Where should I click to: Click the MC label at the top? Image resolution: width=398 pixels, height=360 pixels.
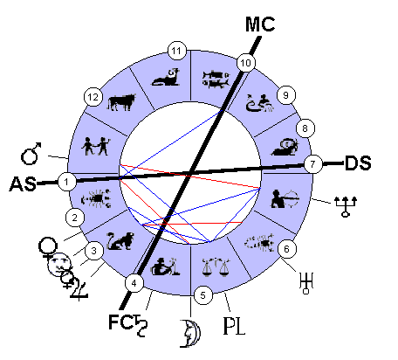click(x=260, y=24)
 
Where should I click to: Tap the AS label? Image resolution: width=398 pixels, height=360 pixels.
click(x=24, y=184)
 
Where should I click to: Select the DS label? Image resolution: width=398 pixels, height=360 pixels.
click(x=358, y=163)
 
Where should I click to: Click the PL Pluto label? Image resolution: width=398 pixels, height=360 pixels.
click(x=234, y=326)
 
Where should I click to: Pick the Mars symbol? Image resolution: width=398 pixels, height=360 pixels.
click(x=31, y=154)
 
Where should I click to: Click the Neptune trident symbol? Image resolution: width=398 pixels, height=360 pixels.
click(x=346, y=206)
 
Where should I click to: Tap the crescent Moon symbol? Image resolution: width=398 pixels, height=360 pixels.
click(x=190, y=334)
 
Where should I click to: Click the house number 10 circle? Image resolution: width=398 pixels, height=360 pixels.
click(x=246, y=63)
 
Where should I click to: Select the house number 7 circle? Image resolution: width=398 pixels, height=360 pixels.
click(x=313, y=164)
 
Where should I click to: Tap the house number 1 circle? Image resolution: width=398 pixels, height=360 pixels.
click(x=67, y=182)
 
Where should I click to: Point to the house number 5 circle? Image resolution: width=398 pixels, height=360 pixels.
click(x=203, y=295)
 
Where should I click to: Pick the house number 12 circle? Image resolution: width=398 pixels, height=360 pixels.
click(x=93, y=97)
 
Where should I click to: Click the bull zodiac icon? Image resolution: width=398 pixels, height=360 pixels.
click(x=121, y=102)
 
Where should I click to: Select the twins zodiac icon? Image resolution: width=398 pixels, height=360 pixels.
click(x=95, y=146)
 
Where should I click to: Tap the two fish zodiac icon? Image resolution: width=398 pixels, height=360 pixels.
click(x=216, y=79)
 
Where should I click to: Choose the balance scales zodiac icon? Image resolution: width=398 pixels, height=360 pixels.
click(x=216, y=267)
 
